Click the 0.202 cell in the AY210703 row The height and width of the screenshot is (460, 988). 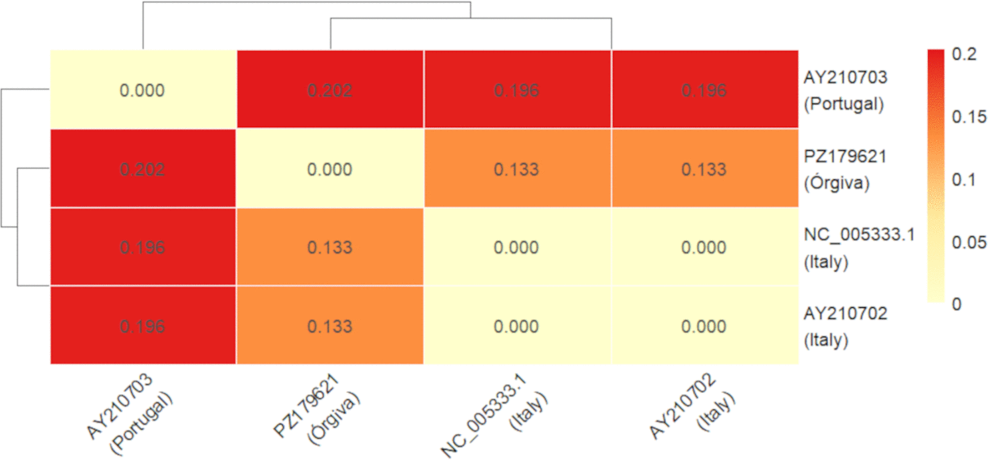coord(330,90)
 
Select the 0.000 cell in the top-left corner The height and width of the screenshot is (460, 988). coord(143,90)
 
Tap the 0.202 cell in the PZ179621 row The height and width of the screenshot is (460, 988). coord(143,169)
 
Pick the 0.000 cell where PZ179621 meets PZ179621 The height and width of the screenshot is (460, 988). coord(330,169)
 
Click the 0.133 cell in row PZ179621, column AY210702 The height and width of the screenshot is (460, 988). coord(705,169)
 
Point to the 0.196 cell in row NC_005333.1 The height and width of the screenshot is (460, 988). coord(143,247)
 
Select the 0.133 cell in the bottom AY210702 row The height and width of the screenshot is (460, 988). coord(330,326)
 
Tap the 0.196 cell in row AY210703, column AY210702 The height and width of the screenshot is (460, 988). coord(705,90)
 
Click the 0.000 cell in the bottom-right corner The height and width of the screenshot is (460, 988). coord(705,326)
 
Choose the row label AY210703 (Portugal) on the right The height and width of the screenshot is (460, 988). coord(845,91)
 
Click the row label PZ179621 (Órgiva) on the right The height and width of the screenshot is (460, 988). coord(844,170)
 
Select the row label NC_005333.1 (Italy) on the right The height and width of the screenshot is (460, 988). coord(859,248)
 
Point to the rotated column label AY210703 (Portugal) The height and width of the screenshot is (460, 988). coord(130,414)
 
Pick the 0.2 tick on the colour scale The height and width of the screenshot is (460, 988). coord(964,54)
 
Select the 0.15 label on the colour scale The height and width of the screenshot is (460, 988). coord(969,116)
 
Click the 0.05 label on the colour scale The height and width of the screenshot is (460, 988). coord(969,242)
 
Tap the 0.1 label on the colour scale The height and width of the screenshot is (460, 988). coord(963,179)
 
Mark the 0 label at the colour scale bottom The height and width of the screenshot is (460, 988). coord(957,304)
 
